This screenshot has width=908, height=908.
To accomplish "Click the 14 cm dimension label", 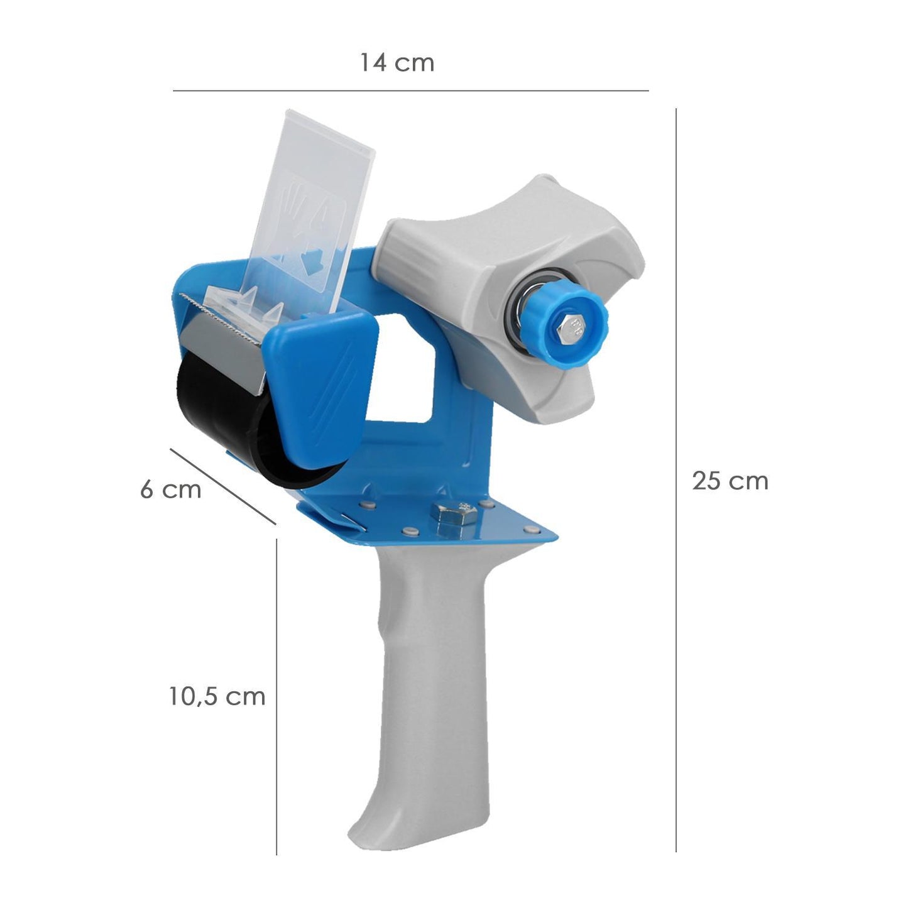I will tap(397, 63).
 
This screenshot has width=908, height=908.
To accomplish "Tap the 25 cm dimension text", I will tap(730, 481).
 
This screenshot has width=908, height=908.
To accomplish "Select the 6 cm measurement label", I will tap(170, 489).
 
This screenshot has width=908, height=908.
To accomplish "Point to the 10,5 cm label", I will tap(217, 696).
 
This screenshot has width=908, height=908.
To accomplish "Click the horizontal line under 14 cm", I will tap(410, 91).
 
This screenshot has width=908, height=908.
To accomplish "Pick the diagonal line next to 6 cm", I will tap(222, 486).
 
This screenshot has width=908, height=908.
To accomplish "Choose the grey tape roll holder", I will tap(496, 264).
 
